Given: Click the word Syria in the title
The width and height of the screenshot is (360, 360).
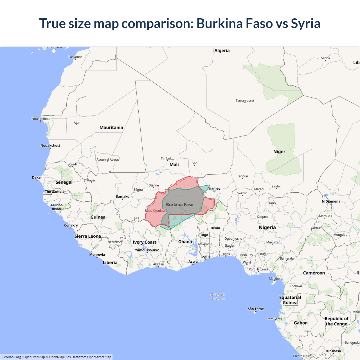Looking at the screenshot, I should [305, 23].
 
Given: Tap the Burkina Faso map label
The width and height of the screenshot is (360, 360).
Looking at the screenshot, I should [180, 204].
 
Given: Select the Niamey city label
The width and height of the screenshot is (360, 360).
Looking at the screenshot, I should [214, 188].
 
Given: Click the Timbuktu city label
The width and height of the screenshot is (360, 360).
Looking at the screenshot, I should [168, 159].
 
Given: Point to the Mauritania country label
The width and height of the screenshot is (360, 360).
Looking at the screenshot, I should [111, 127].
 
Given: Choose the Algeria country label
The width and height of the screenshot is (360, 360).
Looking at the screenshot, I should [222, 51].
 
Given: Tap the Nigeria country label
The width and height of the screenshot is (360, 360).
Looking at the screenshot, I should [267, 228].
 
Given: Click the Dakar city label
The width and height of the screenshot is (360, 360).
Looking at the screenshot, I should [37, 177].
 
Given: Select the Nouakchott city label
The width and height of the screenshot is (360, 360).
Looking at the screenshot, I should [50, 145].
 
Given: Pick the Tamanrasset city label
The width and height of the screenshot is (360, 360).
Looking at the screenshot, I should [245, 100].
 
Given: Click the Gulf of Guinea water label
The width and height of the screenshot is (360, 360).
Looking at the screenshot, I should [218, 296].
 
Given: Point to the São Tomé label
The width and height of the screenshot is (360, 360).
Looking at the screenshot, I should [256, 309].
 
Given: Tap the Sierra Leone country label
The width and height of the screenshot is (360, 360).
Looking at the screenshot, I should [87, 236].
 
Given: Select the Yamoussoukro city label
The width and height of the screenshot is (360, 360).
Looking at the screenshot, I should [147, 250].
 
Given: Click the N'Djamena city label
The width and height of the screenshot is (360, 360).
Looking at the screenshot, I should [331, 201].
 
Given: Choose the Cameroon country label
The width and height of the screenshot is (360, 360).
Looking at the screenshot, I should [314, 273].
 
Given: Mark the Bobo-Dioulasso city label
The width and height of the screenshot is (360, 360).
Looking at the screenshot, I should [156, 211].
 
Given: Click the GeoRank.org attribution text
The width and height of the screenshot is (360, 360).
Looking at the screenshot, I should [11, 357].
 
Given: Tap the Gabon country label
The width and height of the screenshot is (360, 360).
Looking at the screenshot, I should [301, 323].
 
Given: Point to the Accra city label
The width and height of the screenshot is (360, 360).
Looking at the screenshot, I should [193, 262].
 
